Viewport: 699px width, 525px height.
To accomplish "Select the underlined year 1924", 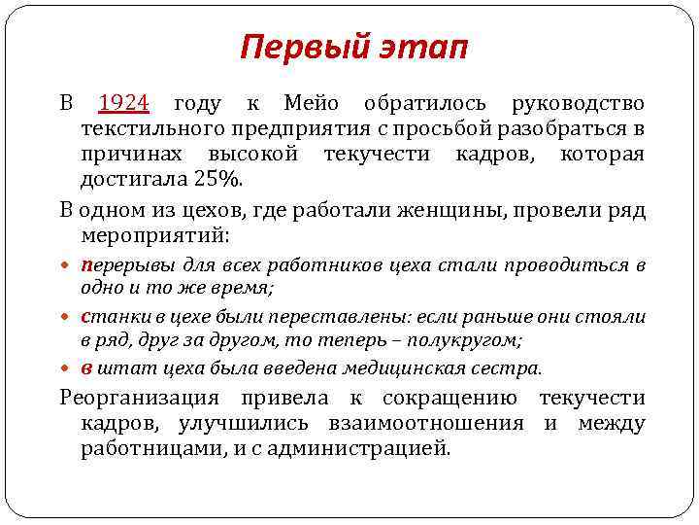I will point(123,104).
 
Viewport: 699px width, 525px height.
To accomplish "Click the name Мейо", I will point(310,104).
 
